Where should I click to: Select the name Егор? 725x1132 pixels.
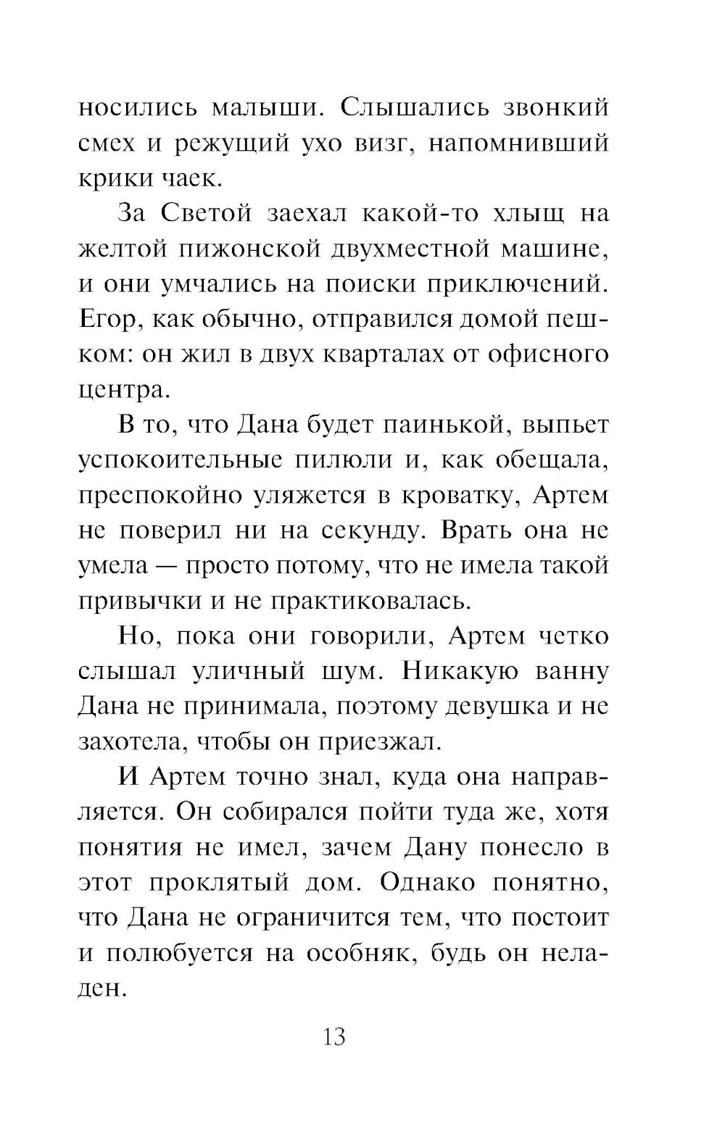click(x=105, y=320)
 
